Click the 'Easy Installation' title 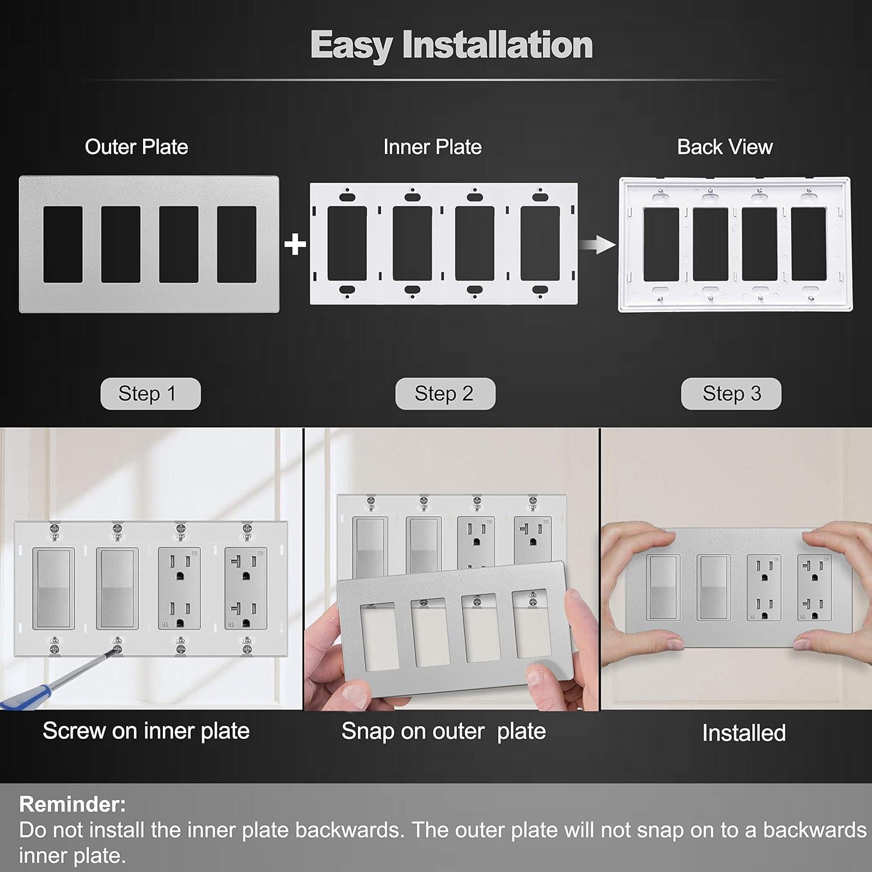pyautogui.click(x=451, y=45)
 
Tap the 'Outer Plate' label pyautogui.click(x=137, y=147)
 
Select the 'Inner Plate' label pyautogui.click(x=433, y=147)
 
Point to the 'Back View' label pyautogui.click(x=725, y=147)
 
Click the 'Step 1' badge pyautogui.click(x=150, y=394)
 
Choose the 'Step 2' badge pyautogui.click(x=445, y=394)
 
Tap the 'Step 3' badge pyautogui.click(x=731, y=394)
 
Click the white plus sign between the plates pyautogui.click(x=295, y=244)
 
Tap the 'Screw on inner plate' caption pyautogui.click(x=146, y=731)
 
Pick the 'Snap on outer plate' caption pyautogui.click(x=444, y=731)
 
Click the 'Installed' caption pyautogui.click(x=744, y=733)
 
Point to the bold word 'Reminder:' pyautogui.click(x=73, y=804)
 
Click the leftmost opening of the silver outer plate pyautogui.click(x=63, y=244)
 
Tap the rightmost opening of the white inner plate pyautogui.click(x=539, y=244)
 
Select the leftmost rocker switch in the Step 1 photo pyautogui.click(x=53, y=588)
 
